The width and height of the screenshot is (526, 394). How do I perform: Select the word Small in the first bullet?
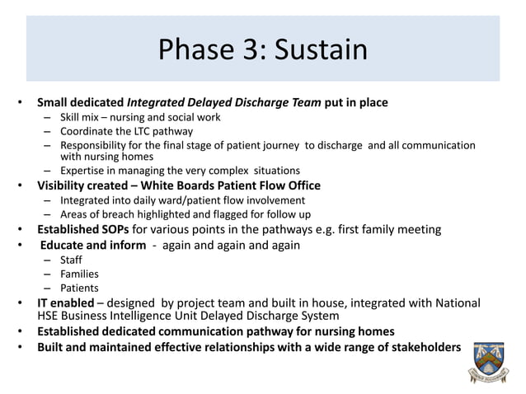click(54, 103)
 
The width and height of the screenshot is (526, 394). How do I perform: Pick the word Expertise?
click(82, 171)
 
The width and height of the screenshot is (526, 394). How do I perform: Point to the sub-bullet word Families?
click(80, 274)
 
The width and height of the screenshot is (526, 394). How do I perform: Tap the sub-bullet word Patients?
click(80, 288)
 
